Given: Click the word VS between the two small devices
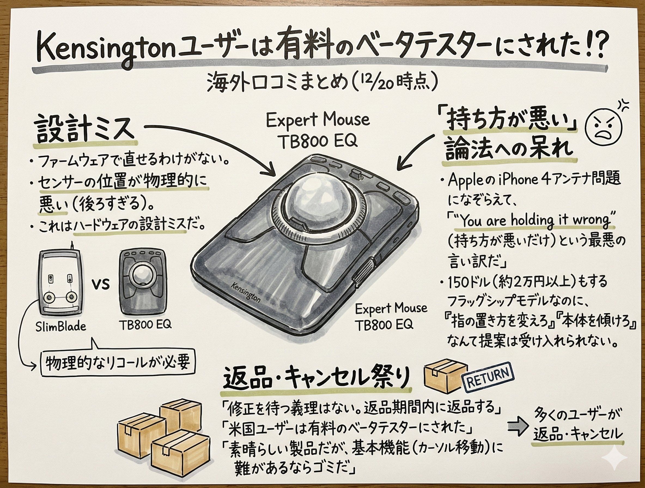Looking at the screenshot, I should [x=101, y=283].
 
